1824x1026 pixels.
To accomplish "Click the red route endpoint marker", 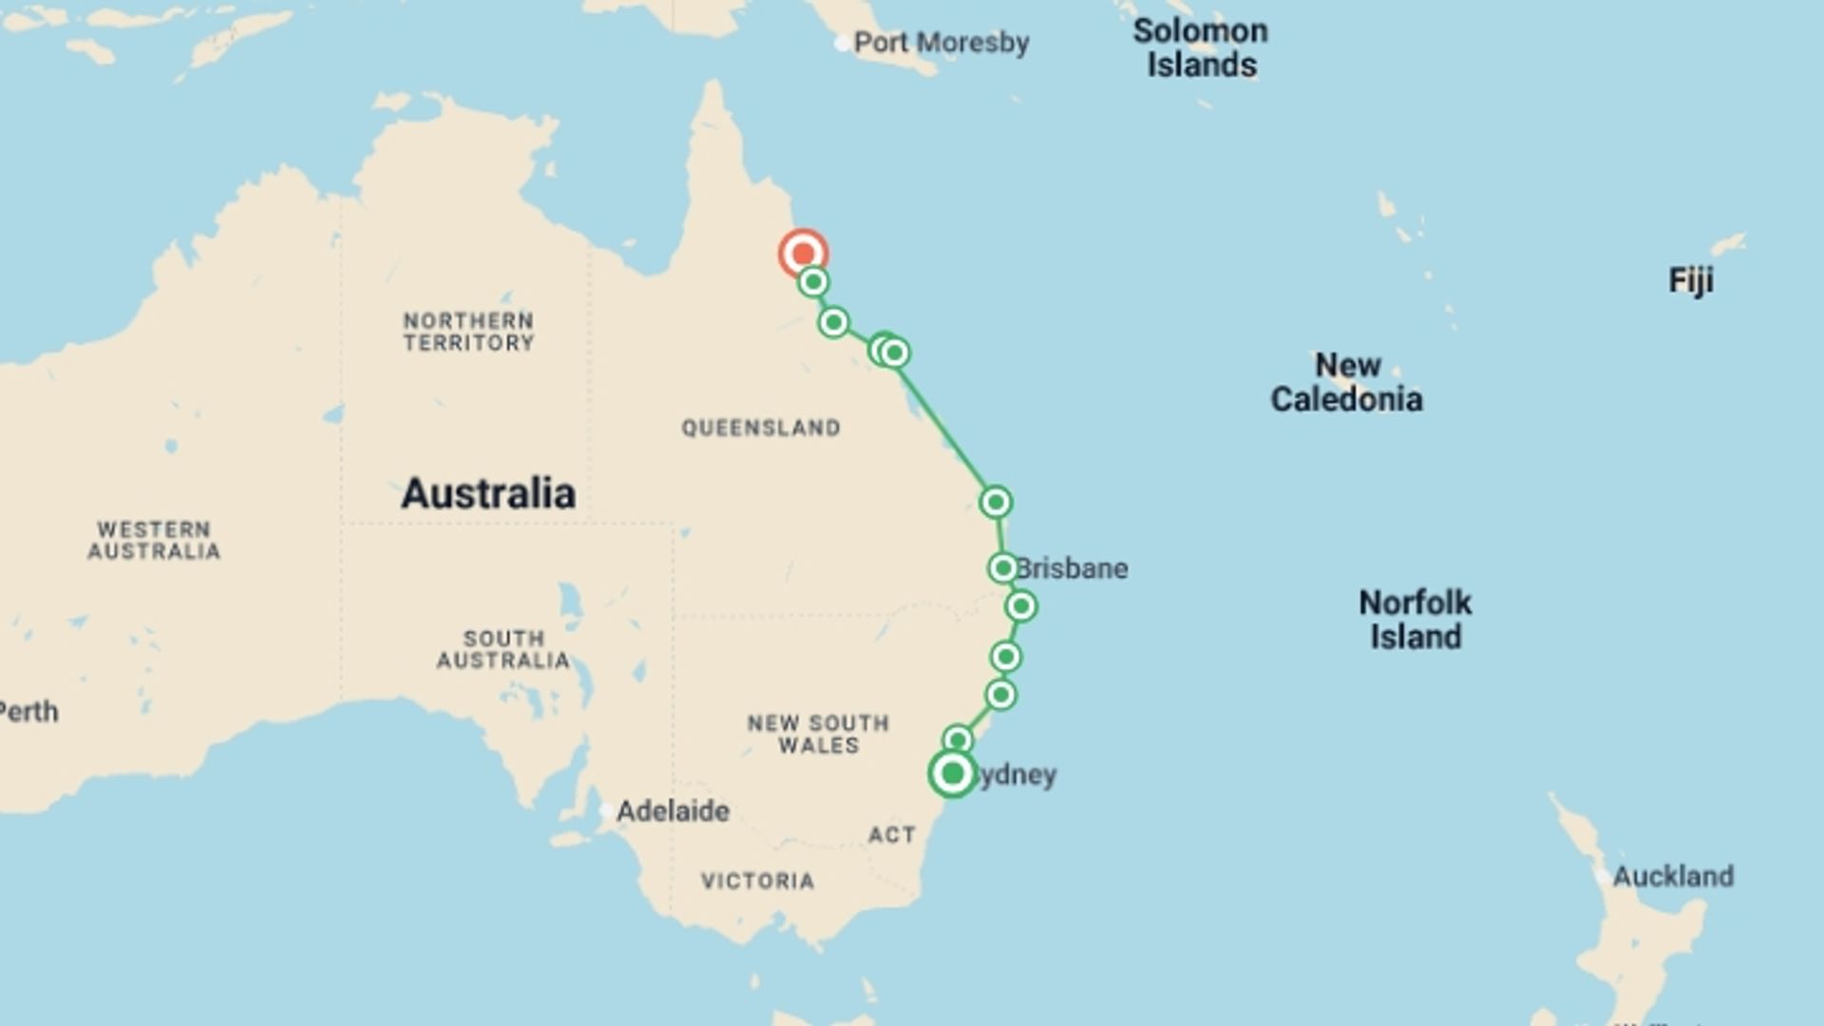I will point(803,254).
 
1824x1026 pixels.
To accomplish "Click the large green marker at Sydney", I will point(952,773).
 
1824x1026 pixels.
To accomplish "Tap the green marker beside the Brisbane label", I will point(1002,568).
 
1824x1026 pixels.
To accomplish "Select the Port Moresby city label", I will point(940,43).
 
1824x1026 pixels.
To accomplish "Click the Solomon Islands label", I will point(1200,47).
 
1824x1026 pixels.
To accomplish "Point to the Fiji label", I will point(1691,280).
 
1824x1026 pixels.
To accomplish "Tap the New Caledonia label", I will point(1346,382).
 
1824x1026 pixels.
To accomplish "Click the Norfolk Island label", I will point(1415,619).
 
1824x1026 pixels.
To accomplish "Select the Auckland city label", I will point(1673,876).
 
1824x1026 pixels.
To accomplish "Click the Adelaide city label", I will point(673,811).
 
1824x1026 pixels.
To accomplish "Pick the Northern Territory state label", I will point(468,332).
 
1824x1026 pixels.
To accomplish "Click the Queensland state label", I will point(760,428).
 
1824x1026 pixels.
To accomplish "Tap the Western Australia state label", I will point(154,541).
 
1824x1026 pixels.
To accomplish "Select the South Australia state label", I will point(503,650).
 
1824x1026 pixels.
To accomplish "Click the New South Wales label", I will point(818,734).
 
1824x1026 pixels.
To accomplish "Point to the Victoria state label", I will point(757,882).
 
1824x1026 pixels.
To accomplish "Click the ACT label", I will point(891,835).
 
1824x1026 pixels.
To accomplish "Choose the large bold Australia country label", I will point(488,494).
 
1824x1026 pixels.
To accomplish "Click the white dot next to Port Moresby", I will point(842,43).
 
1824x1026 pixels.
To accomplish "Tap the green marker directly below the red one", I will point(813,282).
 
